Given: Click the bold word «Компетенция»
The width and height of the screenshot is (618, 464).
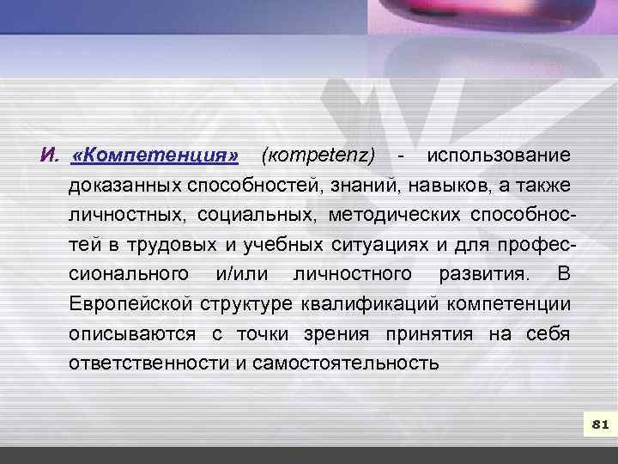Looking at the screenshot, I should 156,156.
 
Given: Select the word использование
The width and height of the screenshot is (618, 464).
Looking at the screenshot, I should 498,156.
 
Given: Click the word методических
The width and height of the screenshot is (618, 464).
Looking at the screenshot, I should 391,215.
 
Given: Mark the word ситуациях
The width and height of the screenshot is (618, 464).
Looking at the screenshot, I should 380,245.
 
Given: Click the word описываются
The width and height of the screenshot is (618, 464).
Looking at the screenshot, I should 130,333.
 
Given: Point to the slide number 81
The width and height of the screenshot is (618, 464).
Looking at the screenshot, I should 600,424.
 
